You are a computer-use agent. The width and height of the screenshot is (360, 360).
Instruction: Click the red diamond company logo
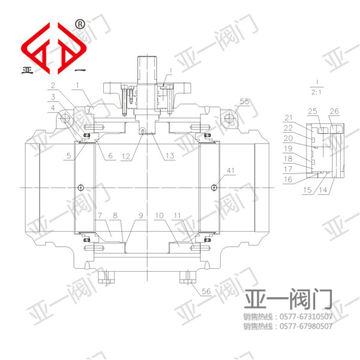click(x=54, y=48)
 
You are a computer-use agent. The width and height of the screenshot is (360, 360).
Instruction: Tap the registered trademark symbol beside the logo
click(x=80, y=24)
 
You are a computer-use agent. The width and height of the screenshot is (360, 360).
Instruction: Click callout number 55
click(x=244, y=101)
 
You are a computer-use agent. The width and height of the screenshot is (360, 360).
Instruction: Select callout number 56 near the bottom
click(x=206, y=291)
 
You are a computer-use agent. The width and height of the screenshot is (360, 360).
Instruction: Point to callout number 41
click(x=230, y=170)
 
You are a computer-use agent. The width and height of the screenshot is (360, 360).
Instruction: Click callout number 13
click(x=170, y=155)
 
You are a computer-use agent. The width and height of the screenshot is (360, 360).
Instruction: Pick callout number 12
click(x=126, y=157)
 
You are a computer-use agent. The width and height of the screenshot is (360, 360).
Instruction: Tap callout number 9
click(x=141, y=215)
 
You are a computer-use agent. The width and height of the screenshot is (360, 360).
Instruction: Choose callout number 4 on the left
click(x=53, y=108)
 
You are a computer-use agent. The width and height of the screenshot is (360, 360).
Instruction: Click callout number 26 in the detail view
click(x=334, y=112)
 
